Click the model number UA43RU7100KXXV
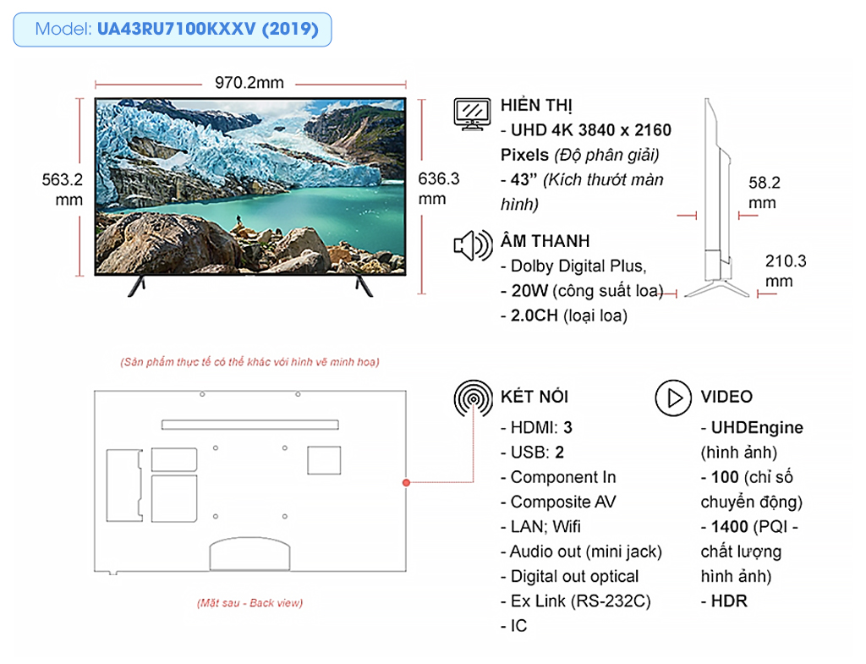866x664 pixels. click(177, 29)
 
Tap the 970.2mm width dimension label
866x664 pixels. click(249, 83)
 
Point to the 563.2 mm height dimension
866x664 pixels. click(63, 189)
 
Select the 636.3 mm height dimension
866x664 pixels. click(439, 189)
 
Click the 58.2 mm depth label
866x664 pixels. click(764, 192)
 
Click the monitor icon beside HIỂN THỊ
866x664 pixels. click(472, 114)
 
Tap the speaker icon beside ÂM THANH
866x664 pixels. click(473, 245)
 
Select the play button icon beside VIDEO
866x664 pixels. click(673, 398)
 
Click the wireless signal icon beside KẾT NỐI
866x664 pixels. click(474, 398)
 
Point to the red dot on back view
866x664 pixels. click(407, 483)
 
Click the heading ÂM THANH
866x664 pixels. click(545, 241)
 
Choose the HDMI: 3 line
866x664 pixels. click(536, 427)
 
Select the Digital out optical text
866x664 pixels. click(574, 576)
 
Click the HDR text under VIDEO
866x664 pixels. click(728, 601)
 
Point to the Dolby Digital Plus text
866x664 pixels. click(578, 266)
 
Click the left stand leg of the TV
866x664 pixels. click(137, 286)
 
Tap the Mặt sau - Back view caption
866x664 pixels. click(249, 603)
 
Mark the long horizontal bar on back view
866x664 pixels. click(250, 425)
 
